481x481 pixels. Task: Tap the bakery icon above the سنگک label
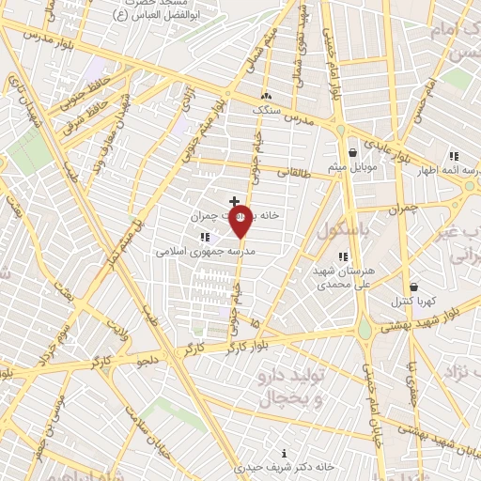tap(266, 95)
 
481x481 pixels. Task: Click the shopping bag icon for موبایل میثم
tap(352, 152)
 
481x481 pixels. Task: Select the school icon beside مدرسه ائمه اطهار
tap(454, 156)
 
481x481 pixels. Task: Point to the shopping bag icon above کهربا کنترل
tap(413, 287)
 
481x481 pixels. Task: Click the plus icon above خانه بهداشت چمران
tap(234, 201)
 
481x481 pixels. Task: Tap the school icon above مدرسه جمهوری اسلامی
tap(205, 237)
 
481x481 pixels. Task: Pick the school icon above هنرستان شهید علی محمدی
tap(343, 256)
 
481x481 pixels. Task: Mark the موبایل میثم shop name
tap(353, 167)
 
